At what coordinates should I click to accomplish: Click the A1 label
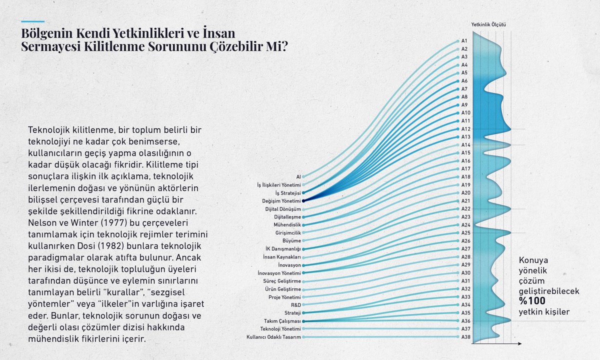click(464, 41)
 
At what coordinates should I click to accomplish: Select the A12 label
click(465, 129)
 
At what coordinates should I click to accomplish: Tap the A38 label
click(465, 337)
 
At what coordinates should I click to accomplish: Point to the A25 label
click(465, 233)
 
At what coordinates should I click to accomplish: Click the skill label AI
click(298, 177)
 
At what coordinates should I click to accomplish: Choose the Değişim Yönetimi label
click(281, 201)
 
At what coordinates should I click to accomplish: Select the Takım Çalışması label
click(282, 321)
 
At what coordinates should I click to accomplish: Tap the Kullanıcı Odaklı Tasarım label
click(274, 337)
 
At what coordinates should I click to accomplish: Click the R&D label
click(296, 305)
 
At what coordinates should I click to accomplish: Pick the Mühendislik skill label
click(287, 224)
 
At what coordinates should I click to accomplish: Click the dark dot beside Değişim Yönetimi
click(303, 201)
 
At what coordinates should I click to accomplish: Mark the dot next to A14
click(458, 145)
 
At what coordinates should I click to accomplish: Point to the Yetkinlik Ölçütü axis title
click(488, 24)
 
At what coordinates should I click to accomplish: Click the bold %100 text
click(532, 301)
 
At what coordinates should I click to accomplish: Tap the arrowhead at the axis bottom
click(520, 343)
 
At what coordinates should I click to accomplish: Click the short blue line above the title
click(32, 21)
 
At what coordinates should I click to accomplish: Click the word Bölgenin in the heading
click(47, 33)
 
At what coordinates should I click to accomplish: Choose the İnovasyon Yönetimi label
click(279, 273)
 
